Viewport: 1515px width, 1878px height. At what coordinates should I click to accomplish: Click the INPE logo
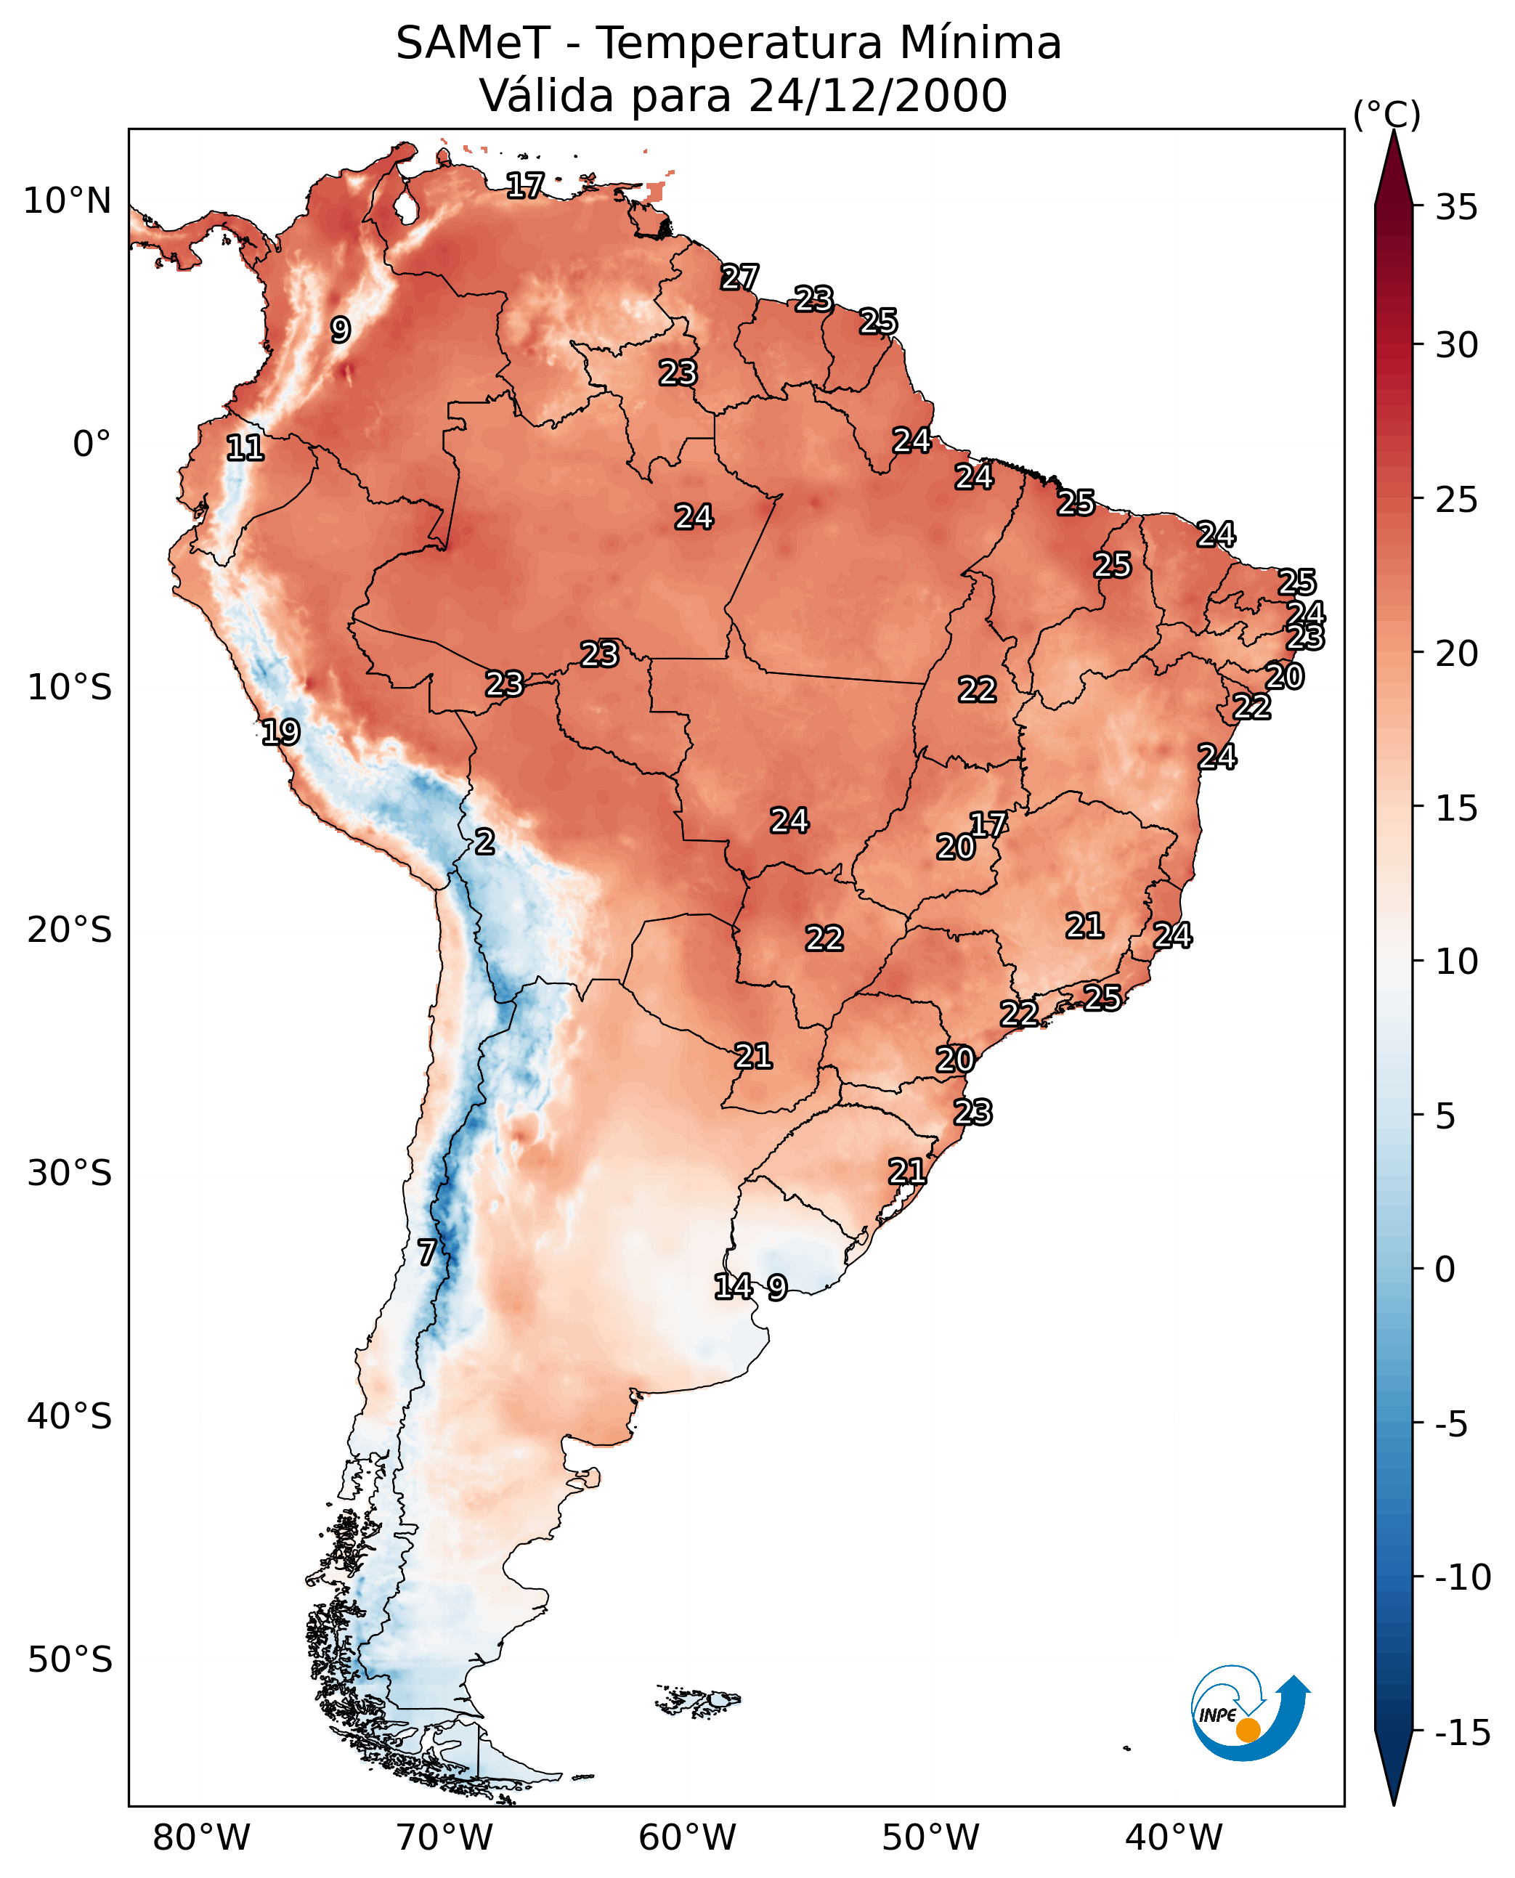pos(1249,1713)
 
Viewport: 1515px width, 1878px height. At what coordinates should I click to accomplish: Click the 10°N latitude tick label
pos(68,202)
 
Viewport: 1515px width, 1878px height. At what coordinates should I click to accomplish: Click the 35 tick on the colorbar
pos(1456,208)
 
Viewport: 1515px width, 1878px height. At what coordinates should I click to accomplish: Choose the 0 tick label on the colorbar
pos(1445,1269)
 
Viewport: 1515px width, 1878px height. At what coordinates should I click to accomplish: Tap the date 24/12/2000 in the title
pos(878,96)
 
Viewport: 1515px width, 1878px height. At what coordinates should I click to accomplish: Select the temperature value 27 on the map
pos(739,277)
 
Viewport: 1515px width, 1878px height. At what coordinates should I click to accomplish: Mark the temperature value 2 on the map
pos(484,842)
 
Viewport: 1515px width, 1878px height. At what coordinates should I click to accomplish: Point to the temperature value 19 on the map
pos(280,732)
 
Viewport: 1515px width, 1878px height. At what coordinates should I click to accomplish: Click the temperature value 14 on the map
pos(733,1286)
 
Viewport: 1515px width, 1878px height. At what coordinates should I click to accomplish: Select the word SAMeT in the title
pos(472,44)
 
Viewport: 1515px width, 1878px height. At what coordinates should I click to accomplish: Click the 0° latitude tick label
pos(91,444)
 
